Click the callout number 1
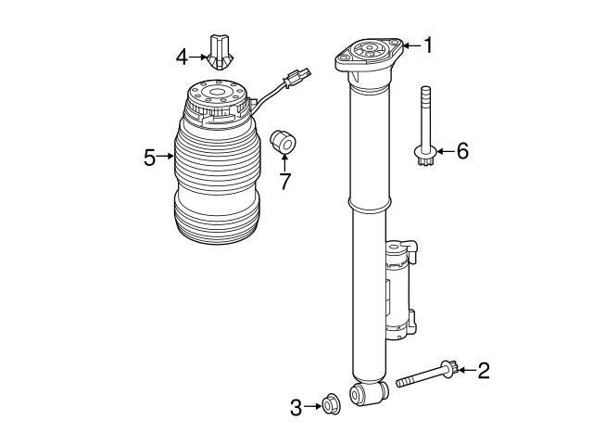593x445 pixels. tap(429, 44)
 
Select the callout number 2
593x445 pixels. tap(483, 372)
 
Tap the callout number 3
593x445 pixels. tap(296, 406)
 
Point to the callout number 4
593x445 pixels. tap(182, 57)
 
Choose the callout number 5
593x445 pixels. tap(150, 157)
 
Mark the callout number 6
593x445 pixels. tap(463, 151)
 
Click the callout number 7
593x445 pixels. tap(285, 181)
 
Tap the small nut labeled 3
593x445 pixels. tap(328, 404)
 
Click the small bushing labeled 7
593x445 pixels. tap(283, 143)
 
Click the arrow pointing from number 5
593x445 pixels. tap(167, 157)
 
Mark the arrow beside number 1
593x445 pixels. tap(412, 44)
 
